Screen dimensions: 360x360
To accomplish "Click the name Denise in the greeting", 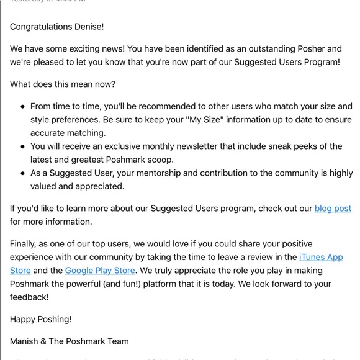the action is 87,27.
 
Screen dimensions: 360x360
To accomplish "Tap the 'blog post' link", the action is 333,209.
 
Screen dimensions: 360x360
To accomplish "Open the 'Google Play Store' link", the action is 100,270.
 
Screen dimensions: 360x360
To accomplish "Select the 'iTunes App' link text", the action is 321,257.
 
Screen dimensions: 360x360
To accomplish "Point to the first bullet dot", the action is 23,107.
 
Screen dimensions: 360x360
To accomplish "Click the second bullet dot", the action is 23,146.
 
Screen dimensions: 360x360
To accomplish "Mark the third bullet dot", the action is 23,173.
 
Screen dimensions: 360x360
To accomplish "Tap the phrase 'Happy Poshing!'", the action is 40,319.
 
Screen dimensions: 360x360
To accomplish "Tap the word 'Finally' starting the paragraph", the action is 25,243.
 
